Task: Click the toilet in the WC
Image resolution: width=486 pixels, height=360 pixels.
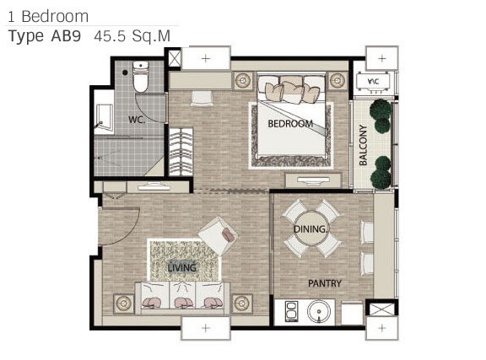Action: click(x=141, y=77)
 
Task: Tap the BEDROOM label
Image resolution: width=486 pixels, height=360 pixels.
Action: click(x=290, y=124)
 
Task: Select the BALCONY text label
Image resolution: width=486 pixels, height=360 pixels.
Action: click(x=363, y=145)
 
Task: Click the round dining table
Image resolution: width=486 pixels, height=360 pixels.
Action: click(x=310, y=229)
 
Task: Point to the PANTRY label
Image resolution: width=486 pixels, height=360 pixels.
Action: click(x=325, y=283)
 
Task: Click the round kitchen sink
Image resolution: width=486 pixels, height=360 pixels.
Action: click(x=319, y=312)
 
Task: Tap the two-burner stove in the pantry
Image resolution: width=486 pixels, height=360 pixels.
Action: click(x=291, y=311)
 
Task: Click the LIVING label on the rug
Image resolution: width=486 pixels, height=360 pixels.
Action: click(x=182, y=267)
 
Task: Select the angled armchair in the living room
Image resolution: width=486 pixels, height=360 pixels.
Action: click(x=219, y=236)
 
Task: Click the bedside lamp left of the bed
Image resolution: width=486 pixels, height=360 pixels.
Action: click(x=243, y=81)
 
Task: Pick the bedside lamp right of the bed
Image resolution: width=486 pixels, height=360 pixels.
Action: click(x=337, y=81)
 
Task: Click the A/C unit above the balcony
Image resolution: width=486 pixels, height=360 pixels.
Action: click(x=373, y=82)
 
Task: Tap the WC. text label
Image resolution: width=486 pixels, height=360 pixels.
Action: click(x=137, y=120)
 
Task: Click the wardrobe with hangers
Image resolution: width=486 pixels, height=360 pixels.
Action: click(x=181, y=152)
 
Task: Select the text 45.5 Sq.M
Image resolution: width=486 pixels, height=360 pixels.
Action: click(x=132, y=36)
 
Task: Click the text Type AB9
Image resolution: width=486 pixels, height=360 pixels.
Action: click(x=45, y=36)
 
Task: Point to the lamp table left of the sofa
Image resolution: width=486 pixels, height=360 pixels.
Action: click(x=124, y=303)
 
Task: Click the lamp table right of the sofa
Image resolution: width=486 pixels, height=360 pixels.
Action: click(x=243, y=303)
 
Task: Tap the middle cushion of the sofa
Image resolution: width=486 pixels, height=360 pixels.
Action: click(x=182, y=295)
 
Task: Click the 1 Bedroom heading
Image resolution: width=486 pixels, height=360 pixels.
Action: click(x=48, y=16)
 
